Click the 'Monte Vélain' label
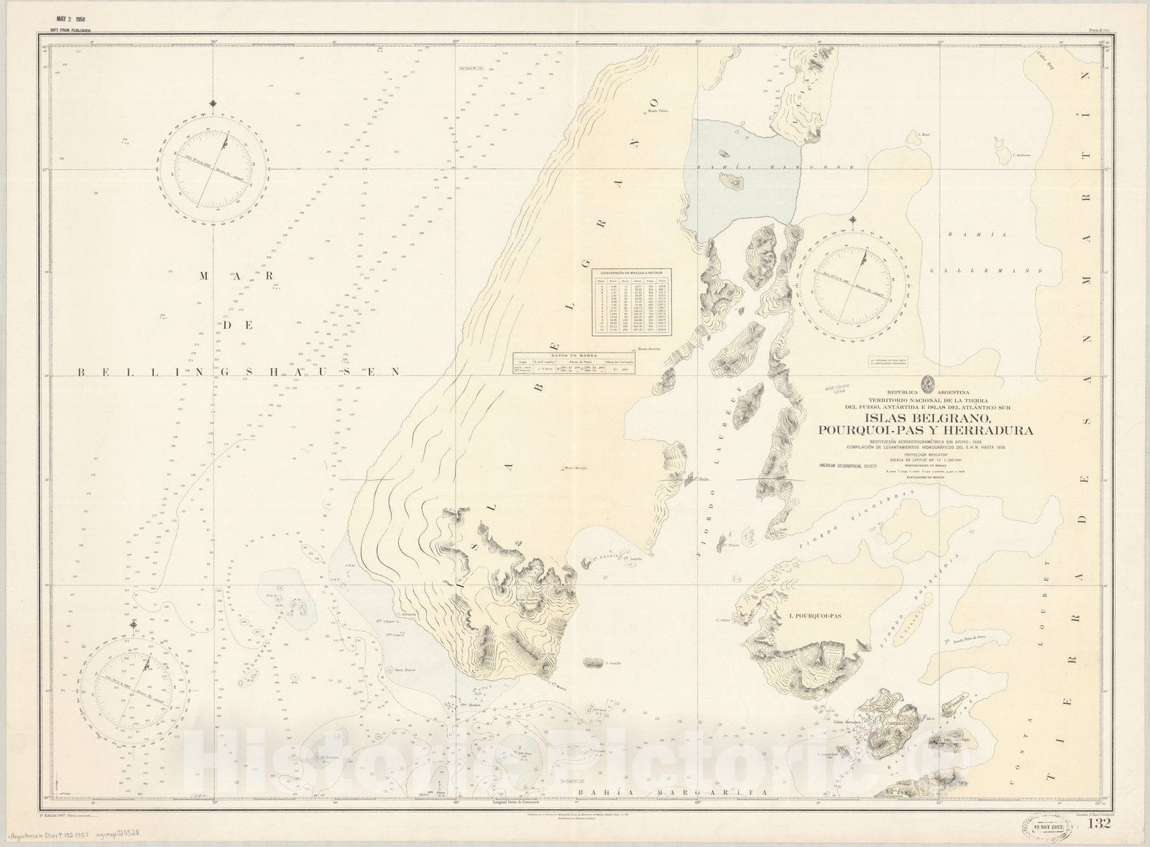tap(658, 111)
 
